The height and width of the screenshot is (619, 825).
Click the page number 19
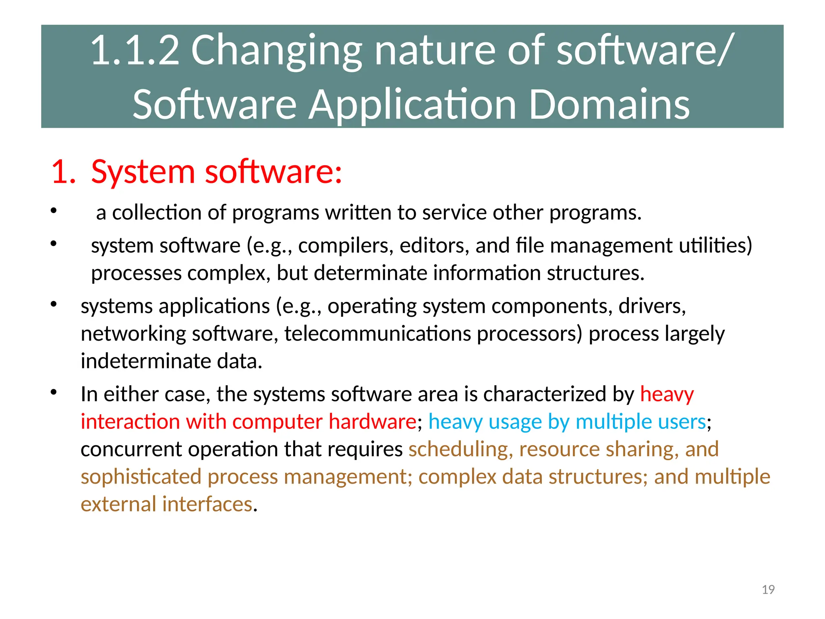[768, 590]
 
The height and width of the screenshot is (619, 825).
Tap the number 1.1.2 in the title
[135, 50]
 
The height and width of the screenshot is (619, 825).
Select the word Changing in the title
[276, 50]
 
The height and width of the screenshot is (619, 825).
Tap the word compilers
[345, 246]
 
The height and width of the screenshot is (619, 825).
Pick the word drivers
[651, 306]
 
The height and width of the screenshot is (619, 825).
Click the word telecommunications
[377, 334]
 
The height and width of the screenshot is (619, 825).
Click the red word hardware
[372, 422]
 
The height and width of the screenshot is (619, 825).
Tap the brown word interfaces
[207, 504]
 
